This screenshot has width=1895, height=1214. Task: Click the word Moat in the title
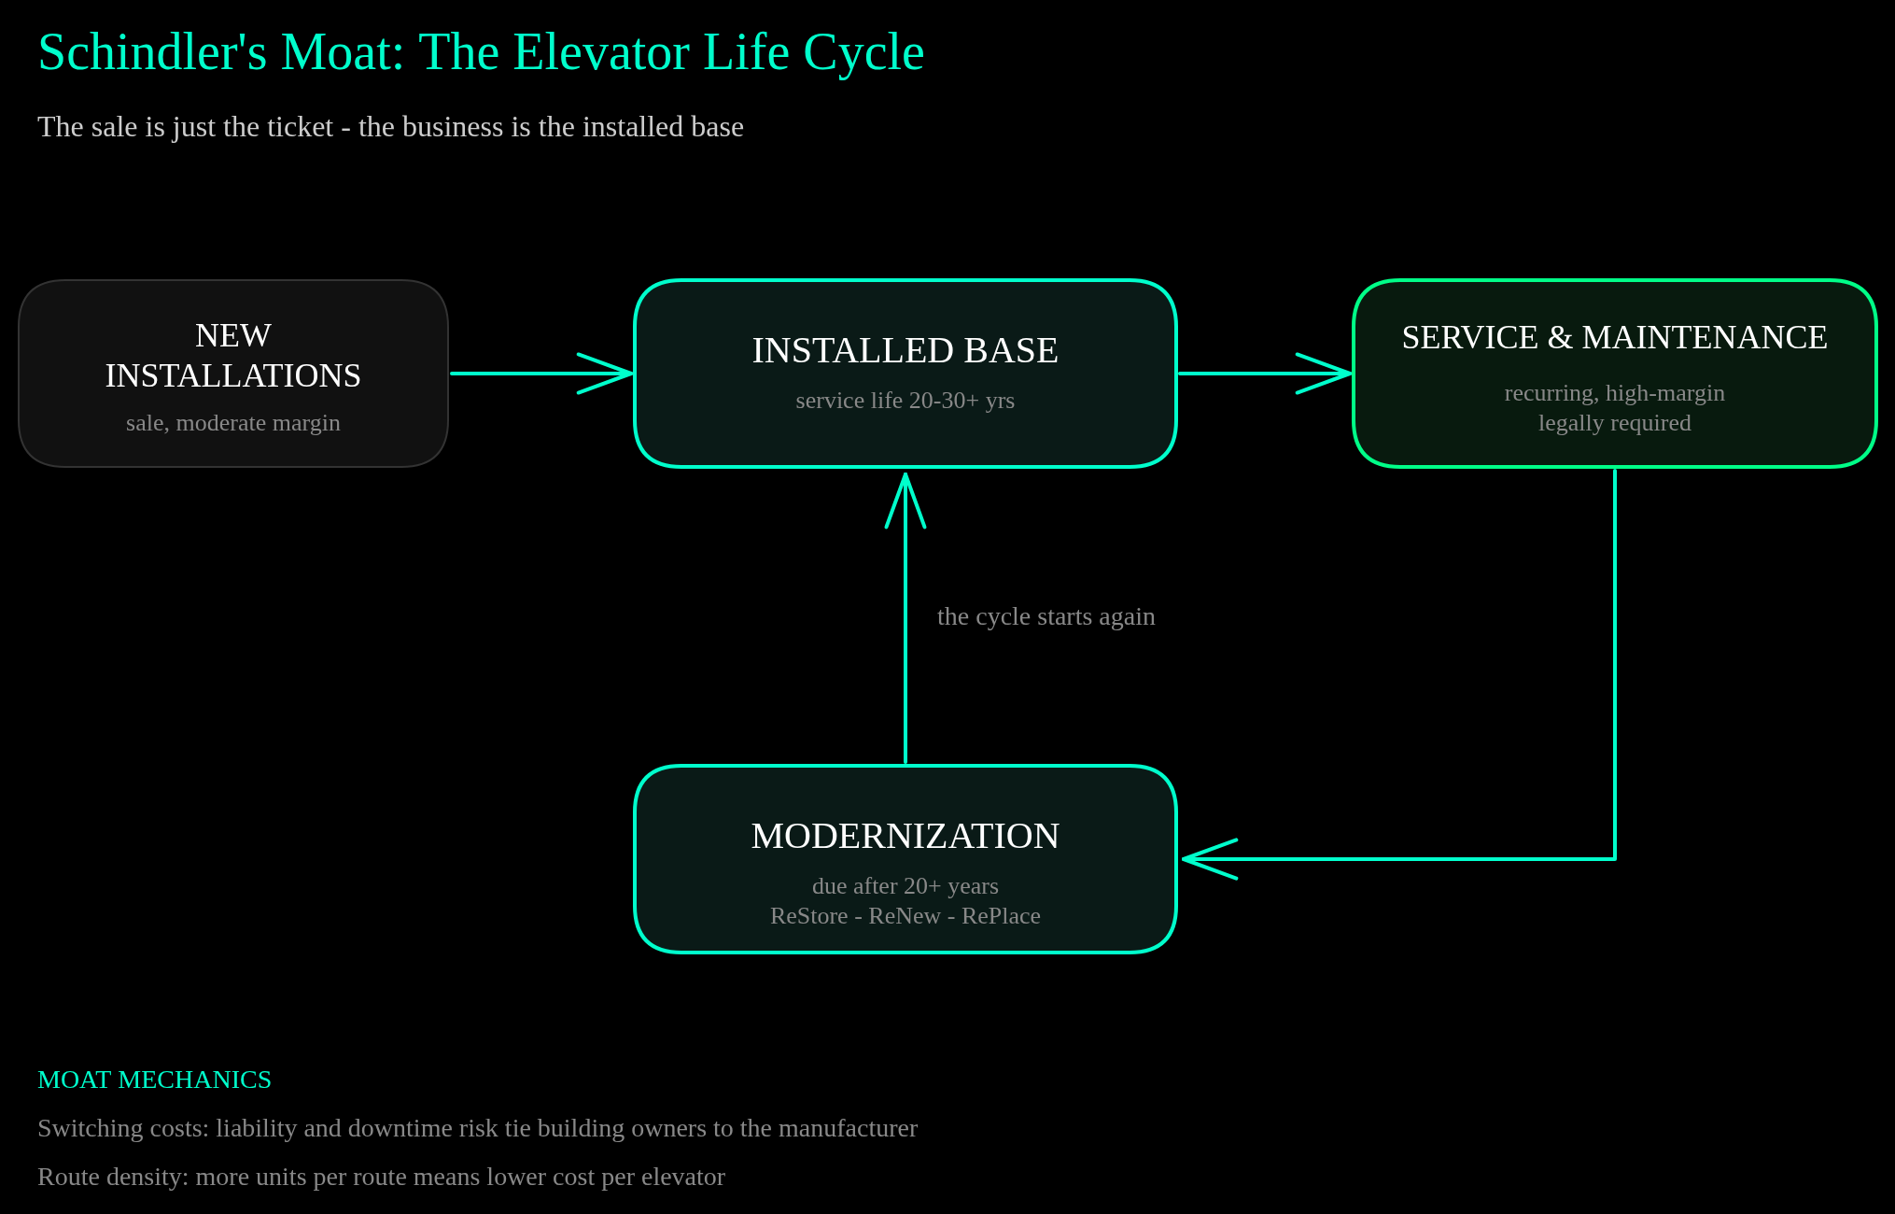(x=342, y=52)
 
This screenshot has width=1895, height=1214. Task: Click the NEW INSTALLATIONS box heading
(x=233, y=355)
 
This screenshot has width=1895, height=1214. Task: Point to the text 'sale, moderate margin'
(x=233, y=423)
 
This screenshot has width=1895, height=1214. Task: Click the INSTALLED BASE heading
(x=905, y=350)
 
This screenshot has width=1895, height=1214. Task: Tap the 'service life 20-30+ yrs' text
(x=905, y=401)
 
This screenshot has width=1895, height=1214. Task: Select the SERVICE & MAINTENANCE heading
(x=1615, y=337)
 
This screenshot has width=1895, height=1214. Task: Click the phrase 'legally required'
(x=1615, y=423)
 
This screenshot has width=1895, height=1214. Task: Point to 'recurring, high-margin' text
(x=1615, y=393)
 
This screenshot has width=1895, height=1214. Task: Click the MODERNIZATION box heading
(x=905, y=836)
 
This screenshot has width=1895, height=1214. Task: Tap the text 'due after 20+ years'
(x=905, y=885)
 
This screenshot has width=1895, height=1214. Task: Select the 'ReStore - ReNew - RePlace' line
(x=905, y=915)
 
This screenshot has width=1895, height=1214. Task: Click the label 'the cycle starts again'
(x=1046, y=616)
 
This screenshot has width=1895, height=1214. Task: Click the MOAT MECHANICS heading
(x=154, y=1080)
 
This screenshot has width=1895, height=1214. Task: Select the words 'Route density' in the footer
(x=110, y=1177)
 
